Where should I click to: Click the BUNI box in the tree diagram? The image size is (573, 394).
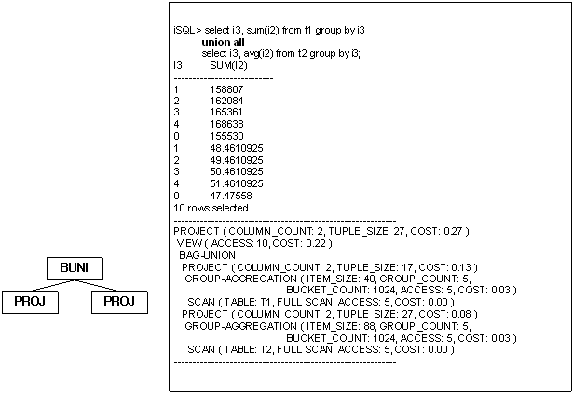(75, 268)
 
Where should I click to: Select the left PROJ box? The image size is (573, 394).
(31, 301)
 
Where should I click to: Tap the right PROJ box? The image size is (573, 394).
(118, 301)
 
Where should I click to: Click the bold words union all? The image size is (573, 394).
(222, 43)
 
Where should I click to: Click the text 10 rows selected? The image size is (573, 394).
(211, 208)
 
